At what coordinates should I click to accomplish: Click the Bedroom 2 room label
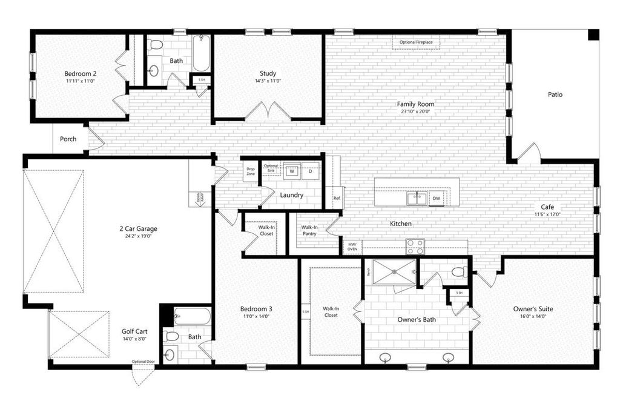[x=81, y=73]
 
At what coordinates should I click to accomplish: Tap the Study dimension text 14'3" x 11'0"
[x=268, y=81]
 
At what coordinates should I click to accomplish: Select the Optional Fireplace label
[x=416, y=42]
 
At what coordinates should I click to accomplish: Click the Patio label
[x=555, y=95]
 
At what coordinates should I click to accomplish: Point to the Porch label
[x=68, y=139]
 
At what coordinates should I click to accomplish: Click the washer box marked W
[x=292, y=171]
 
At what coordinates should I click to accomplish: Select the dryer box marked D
[x=310, y=171]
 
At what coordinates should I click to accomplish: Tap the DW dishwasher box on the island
[x=436, y=198]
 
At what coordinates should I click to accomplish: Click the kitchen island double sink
[x=416, y=197]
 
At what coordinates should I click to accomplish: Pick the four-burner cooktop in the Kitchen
[x=415, y=247]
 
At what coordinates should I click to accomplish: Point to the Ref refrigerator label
[x=337, y=198]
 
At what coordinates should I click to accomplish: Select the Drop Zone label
[x=251, y=171]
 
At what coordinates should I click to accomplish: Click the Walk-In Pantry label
[x=309, y=231]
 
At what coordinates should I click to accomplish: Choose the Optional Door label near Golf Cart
[x=144, y=362]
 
